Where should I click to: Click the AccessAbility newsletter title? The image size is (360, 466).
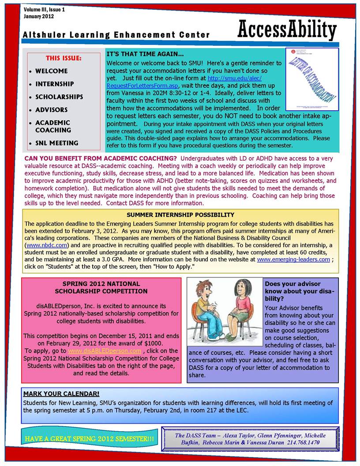[287, 30]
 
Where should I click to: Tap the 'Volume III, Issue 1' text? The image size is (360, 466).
[45, 9]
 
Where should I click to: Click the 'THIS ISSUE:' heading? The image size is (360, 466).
[64, 58]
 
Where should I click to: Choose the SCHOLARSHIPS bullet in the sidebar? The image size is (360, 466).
[59, 97]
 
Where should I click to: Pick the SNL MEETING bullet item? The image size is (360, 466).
[56, 143]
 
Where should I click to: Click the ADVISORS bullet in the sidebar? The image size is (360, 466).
[51, 109]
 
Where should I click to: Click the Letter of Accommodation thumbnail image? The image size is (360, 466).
[311, 79]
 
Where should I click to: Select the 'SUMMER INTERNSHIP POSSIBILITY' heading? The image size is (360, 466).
[180, 215]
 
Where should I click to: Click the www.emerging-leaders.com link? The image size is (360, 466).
[293, 259]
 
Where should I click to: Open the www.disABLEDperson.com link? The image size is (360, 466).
[105, 351]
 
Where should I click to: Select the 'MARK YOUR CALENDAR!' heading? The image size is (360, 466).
[61, 393]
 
